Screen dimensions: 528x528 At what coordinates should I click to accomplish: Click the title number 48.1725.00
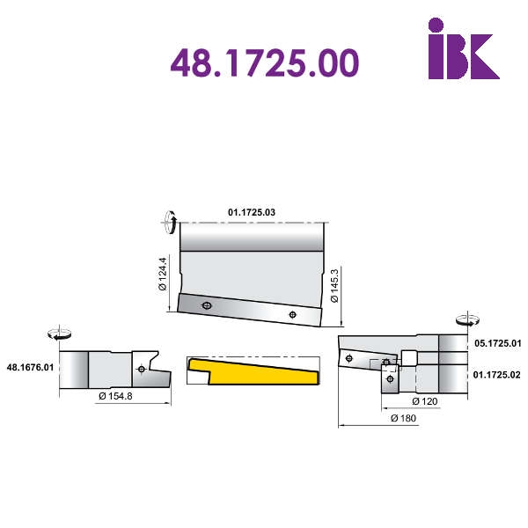pos(265,62)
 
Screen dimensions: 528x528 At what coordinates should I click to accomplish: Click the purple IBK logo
pos(464,48)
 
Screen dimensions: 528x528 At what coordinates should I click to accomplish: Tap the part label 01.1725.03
pos(252,212)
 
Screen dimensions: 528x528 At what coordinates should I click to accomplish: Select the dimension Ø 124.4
pos(163,274)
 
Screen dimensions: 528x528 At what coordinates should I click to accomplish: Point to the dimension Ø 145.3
pos(334,285)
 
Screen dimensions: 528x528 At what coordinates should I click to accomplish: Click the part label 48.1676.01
pos(30,367)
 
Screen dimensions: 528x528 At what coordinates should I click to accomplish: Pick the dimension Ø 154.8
pos(115,396)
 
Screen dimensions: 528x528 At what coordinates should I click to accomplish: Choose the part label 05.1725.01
pos(498,343)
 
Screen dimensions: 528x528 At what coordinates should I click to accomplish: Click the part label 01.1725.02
pos(496,375)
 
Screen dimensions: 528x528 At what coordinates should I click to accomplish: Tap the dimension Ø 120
pos(425,401)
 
